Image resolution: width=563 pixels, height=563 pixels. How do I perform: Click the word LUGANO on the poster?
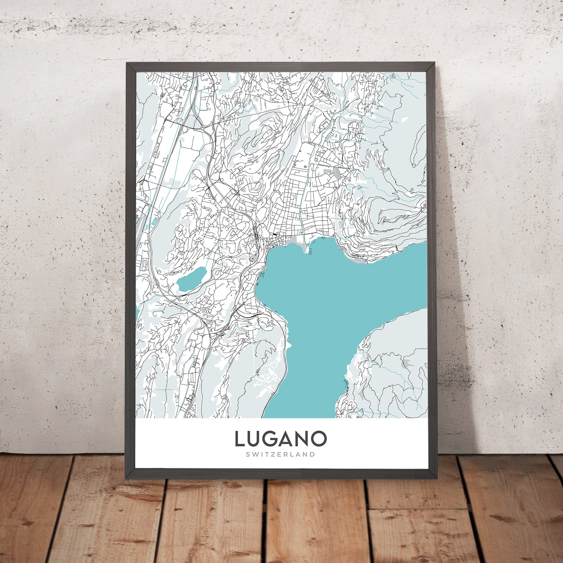281,439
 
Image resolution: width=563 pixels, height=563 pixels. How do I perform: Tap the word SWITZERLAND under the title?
281,454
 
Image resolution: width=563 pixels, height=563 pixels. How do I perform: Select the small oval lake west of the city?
191,279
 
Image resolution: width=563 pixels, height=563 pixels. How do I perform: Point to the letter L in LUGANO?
239,439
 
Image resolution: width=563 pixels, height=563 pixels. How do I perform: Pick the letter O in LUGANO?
319,439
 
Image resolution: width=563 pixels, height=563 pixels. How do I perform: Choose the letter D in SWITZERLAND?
313,454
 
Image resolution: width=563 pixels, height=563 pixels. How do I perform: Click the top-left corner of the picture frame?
127,63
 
